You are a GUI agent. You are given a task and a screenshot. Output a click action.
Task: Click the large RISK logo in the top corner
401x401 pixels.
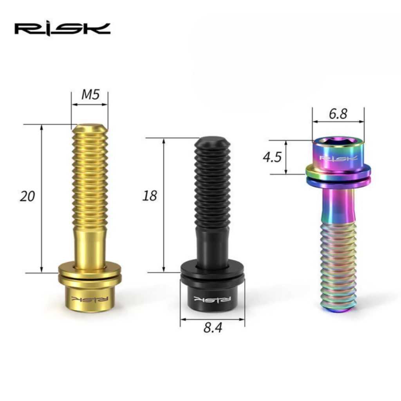62,29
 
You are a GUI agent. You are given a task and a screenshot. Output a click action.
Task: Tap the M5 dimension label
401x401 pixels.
90,95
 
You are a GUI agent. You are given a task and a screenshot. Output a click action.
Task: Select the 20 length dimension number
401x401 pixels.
27,197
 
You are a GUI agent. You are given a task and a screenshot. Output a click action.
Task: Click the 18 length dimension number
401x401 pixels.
150,196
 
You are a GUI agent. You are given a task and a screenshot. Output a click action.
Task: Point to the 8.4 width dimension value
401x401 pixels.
213,328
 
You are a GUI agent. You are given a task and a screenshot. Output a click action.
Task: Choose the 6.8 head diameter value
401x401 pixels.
338,114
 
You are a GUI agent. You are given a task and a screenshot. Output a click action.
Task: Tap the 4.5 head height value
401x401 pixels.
272,157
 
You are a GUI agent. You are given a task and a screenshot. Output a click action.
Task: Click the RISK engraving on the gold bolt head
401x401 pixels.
90,299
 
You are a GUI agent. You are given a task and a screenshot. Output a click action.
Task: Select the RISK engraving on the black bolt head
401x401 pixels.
212,299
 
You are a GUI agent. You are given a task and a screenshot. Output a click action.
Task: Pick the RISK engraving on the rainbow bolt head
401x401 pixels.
338,158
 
